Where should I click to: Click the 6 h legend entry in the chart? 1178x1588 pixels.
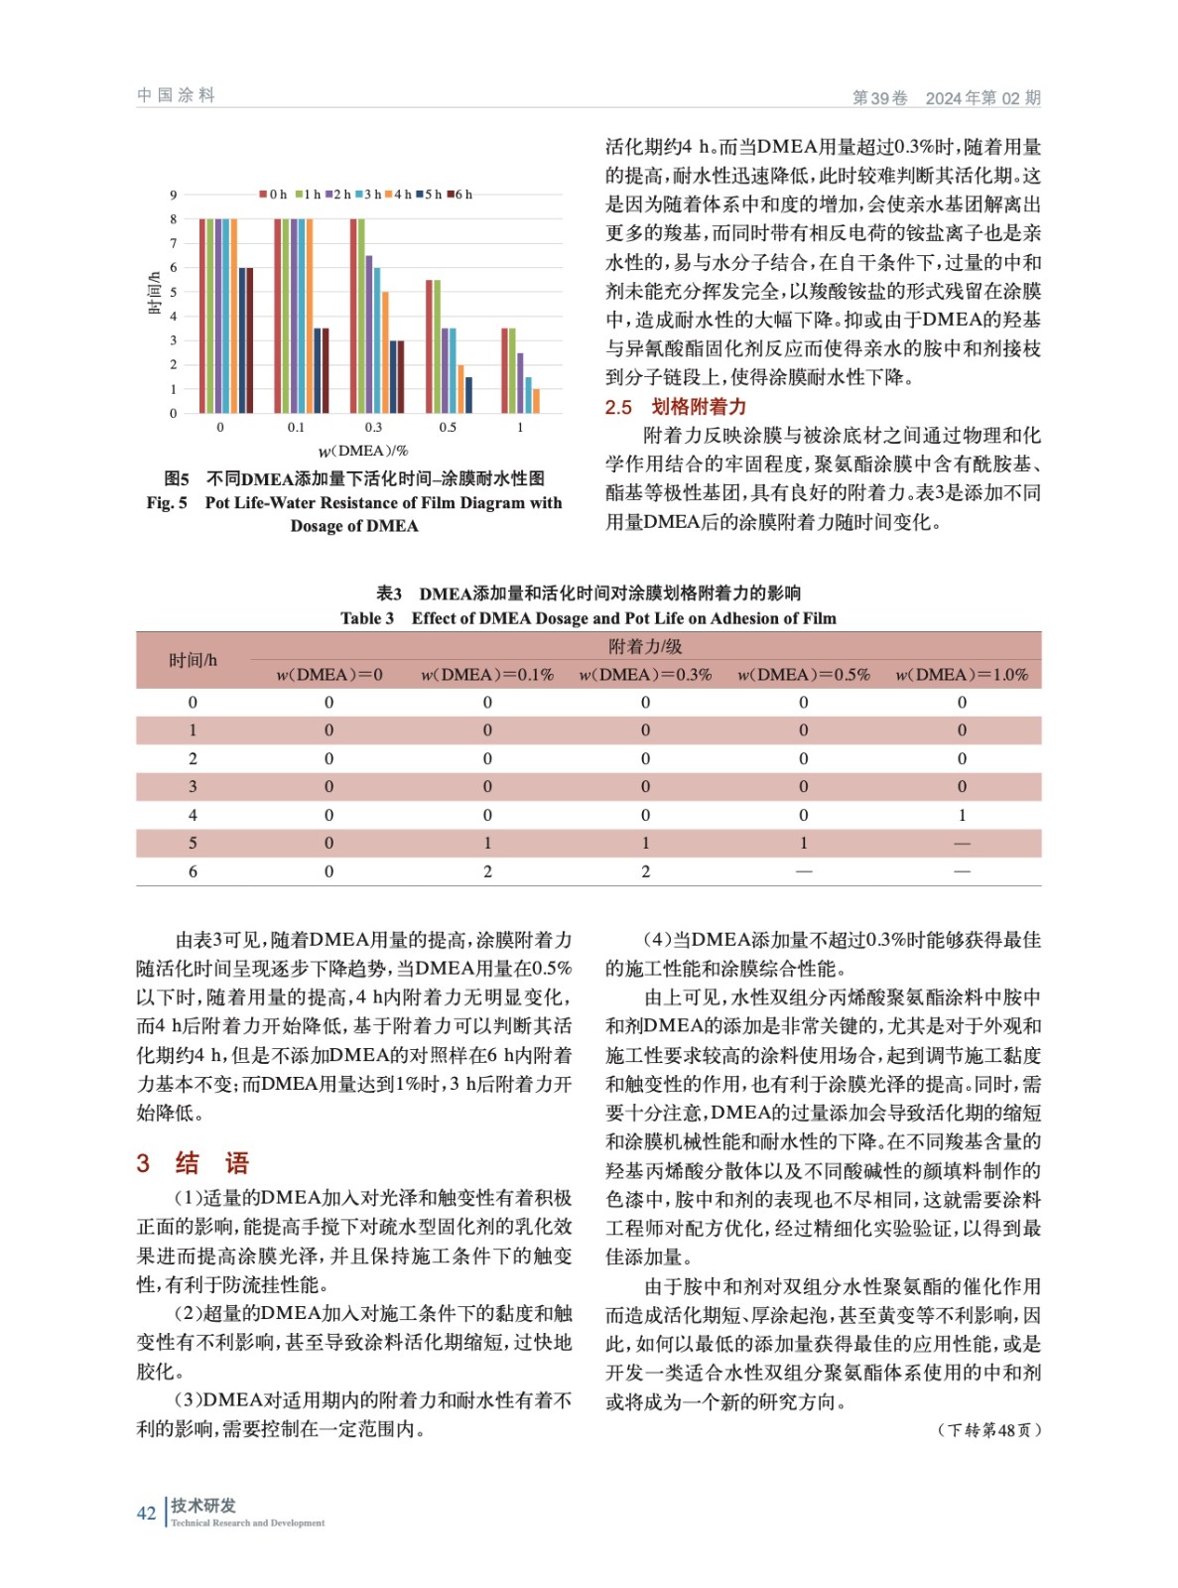460,195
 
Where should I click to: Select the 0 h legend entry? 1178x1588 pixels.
274,195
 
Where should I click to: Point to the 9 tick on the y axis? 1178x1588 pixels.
174,196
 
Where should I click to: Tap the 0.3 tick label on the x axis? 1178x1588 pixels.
372,428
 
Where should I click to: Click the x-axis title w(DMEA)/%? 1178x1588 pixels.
363,451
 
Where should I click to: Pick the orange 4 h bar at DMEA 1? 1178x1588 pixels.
536,400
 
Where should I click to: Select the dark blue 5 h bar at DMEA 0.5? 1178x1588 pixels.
468,394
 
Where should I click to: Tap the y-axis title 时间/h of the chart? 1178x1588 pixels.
154,294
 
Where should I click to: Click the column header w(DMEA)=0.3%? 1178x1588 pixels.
645,675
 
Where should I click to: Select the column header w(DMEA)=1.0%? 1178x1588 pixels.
961,675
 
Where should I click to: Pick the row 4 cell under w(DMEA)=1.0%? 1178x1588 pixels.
961,815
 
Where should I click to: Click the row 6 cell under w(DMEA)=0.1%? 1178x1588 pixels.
487,871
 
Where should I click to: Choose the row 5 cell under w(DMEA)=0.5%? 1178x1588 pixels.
803,843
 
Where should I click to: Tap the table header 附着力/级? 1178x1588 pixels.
645,647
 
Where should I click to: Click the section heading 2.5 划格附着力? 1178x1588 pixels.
676,407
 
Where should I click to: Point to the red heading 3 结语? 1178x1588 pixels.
193,1163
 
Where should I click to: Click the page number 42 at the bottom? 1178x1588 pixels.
146,1513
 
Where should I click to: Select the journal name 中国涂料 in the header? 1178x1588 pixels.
176,95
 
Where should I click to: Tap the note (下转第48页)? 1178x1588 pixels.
988,1430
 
